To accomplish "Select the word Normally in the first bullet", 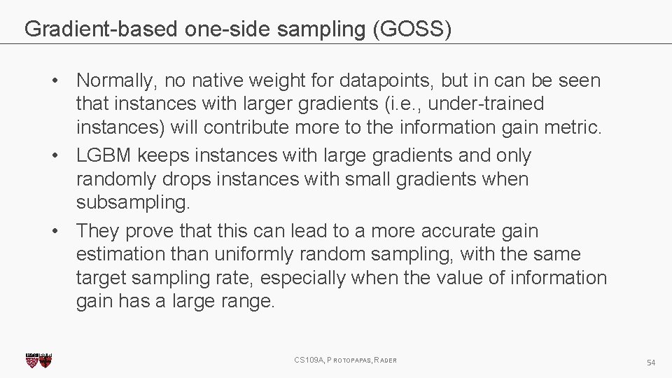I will (x=115, y=80).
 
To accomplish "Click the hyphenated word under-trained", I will (x=486, y=104).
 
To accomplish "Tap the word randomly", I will (x=116, y=179).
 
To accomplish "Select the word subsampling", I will (x=132, y=202).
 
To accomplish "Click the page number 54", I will (x=651, y=363).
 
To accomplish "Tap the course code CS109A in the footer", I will (x=309, y=360).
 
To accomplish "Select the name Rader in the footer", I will (x=386, y=360).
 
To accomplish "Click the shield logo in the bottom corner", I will (x=38, y=360).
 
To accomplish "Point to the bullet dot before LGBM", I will (x=62, y=155).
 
